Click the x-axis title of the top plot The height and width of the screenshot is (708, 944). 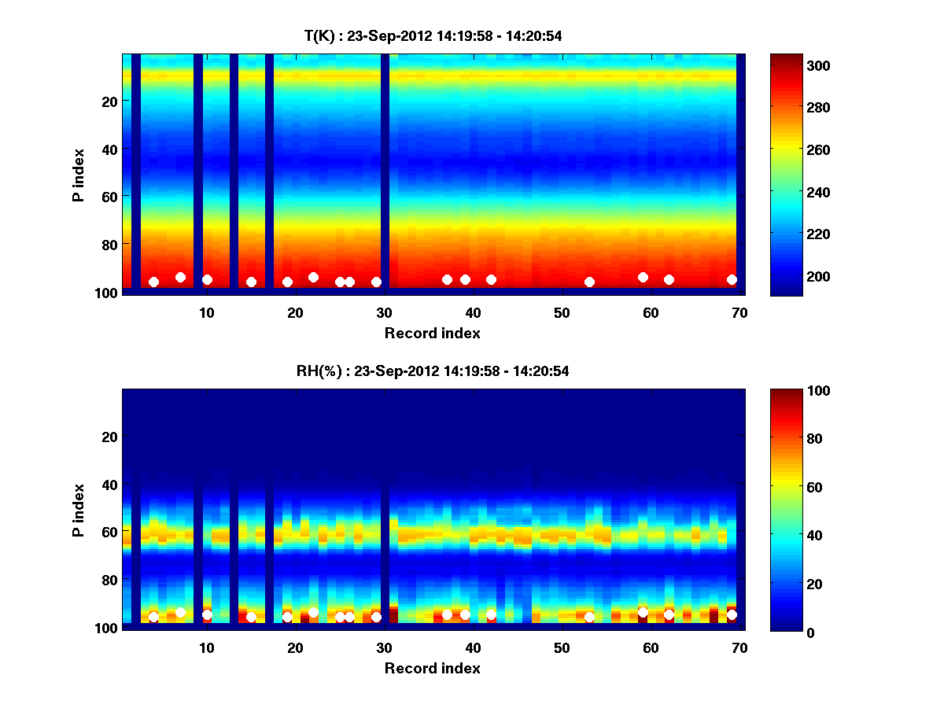432,333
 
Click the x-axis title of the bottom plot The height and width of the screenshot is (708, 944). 432,668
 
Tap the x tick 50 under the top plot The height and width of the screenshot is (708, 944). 562,312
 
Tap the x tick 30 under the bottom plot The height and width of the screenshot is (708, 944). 384,647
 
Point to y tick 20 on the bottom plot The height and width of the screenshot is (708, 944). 110,437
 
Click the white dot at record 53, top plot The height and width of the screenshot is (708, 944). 589,282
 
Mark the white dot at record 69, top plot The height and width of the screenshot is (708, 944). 732,279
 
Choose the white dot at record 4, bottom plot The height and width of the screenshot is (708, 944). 153,617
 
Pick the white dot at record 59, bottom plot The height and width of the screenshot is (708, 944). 643,612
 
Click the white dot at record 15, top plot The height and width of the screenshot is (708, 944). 251,282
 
